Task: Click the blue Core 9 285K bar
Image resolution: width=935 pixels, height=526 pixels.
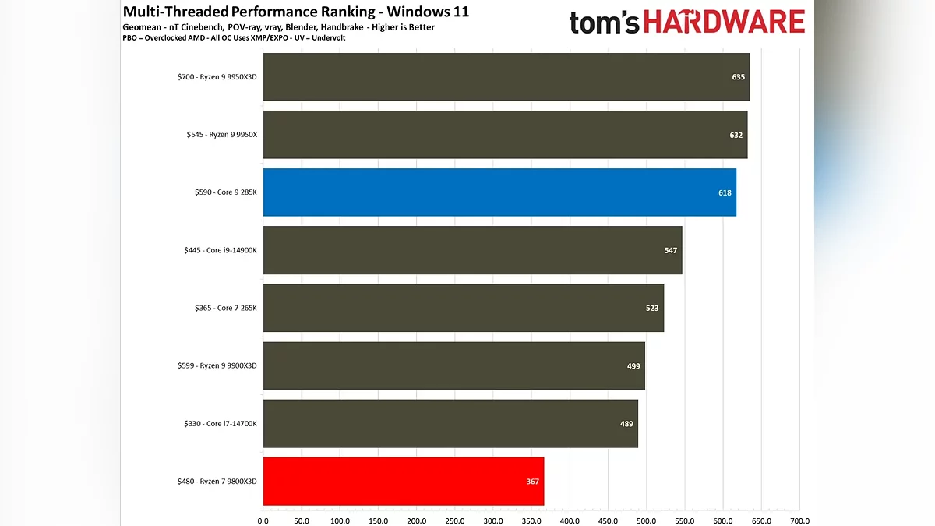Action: point(499,192)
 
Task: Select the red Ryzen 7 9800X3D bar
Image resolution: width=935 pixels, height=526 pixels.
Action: point(403,482)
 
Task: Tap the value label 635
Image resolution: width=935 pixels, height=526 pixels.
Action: point(739,77)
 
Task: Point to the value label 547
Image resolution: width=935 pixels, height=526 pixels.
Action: point(671,250)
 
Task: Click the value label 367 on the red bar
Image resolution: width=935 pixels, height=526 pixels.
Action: point(532,482)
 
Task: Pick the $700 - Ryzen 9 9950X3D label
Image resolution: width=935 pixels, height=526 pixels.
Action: point(217,77)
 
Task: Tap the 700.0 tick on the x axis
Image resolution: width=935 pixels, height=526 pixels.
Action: point(799,521)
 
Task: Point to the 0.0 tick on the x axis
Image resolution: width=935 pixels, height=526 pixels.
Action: point(263,521)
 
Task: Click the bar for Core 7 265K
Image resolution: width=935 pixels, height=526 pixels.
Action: point(463,308)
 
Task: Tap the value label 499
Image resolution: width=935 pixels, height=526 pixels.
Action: point(633,365)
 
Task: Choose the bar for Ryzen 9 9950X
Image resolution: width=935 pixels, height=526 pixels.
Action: point(505,135)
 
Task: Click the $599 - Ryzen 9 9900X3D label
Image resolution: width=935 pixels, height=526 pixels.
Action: point(217,365)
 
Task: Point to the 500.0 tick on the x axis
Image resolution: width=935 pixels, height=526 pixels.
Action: point(647,521)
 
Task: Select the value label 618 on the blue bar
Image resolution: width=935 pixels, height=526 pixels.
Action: point(725,192)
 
